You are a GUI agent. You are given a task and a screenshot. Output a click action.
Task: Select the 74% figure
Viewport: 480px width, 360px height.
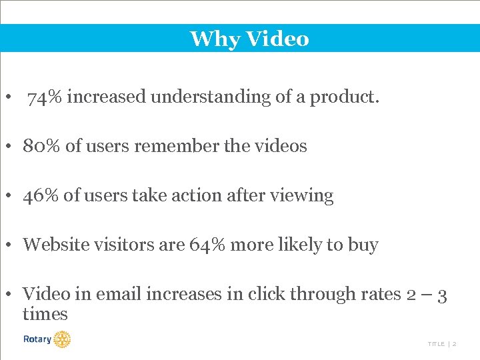(x=45, y=97)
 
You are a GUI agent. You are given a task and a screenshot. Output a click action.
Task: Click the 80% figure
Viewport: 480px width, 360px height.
(x=42, y=146)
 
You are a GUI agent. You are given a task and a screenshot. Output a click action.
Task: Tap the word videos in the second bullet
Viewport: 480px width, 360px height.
(x=279, y=146)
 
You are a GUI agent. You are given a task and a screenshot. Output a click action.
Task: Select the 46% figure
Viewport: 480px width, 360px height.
(x=42, y=195)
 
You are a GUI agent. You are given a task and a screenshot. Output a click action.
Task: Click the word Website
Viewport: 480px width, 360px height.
(x=55, y=245)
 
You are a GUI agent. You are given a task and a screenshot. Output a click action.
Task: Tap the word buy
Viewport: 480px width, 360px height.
(x=363, y=245)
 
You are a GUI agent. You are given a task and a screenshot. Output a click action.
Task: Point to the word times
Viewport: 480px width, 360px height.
(x=45, y=314)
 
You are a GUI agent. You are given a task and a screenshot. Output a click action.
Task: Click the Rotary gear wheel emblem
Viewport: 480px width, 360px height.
(x=62, y=339)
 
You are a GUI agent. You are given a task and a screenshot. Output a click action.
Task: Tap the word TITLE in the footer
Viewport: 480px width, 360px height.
(x=436, y=344)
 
